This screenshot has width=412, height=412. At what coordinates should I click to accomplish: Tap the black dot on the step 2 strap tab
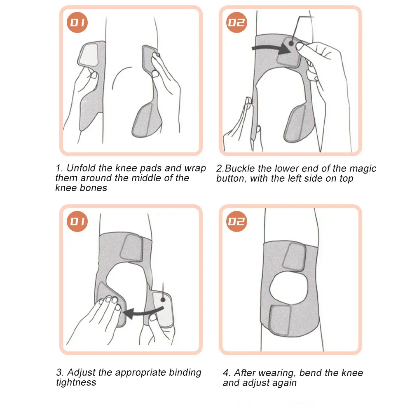pos(291,43)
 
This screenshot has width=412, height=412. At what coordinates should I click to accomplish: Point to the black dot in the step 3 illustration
pos(163,300)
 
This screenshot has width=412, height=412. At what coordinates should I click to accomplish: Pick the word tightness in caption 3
pos(76,382)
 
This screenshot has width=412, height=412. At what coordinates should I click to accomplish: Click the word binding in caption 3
pos(185,372)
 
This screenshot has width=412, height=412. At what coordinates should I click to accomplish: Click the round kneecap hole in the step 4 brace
pos(288,288)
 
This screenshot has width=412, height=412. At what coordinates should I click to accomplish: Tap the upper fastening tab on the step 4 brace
pos(294,256)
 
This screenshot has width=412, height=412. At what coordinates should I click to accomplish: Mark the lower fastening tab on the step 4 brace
pos(280,320)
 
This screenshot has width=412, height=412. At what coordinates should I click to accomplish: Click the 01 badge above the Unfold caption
pos(77,23)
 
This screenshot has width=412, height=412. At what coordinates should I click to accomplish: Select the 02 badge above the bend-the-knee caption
pos(236,221)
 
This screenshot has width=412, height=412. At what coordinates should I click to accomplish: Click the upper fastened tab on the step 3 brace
pos(131,248)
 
